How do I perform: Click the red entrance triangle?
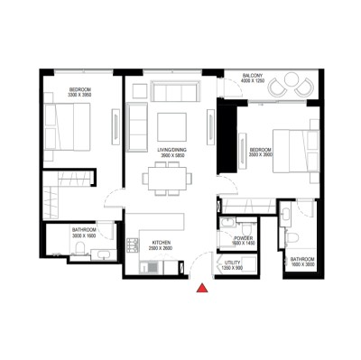204,289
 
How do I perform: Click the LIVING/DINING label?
171,150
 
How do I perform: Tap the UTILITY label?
231,262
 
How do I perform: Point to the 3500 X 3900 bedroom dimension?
262,154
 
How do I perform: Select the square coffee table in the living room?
171,125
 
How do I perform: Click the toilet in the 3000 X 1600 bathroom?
82,250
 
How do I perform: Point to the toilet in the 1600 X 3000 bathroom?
292,237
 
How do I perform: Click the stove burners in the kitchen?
148,267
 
